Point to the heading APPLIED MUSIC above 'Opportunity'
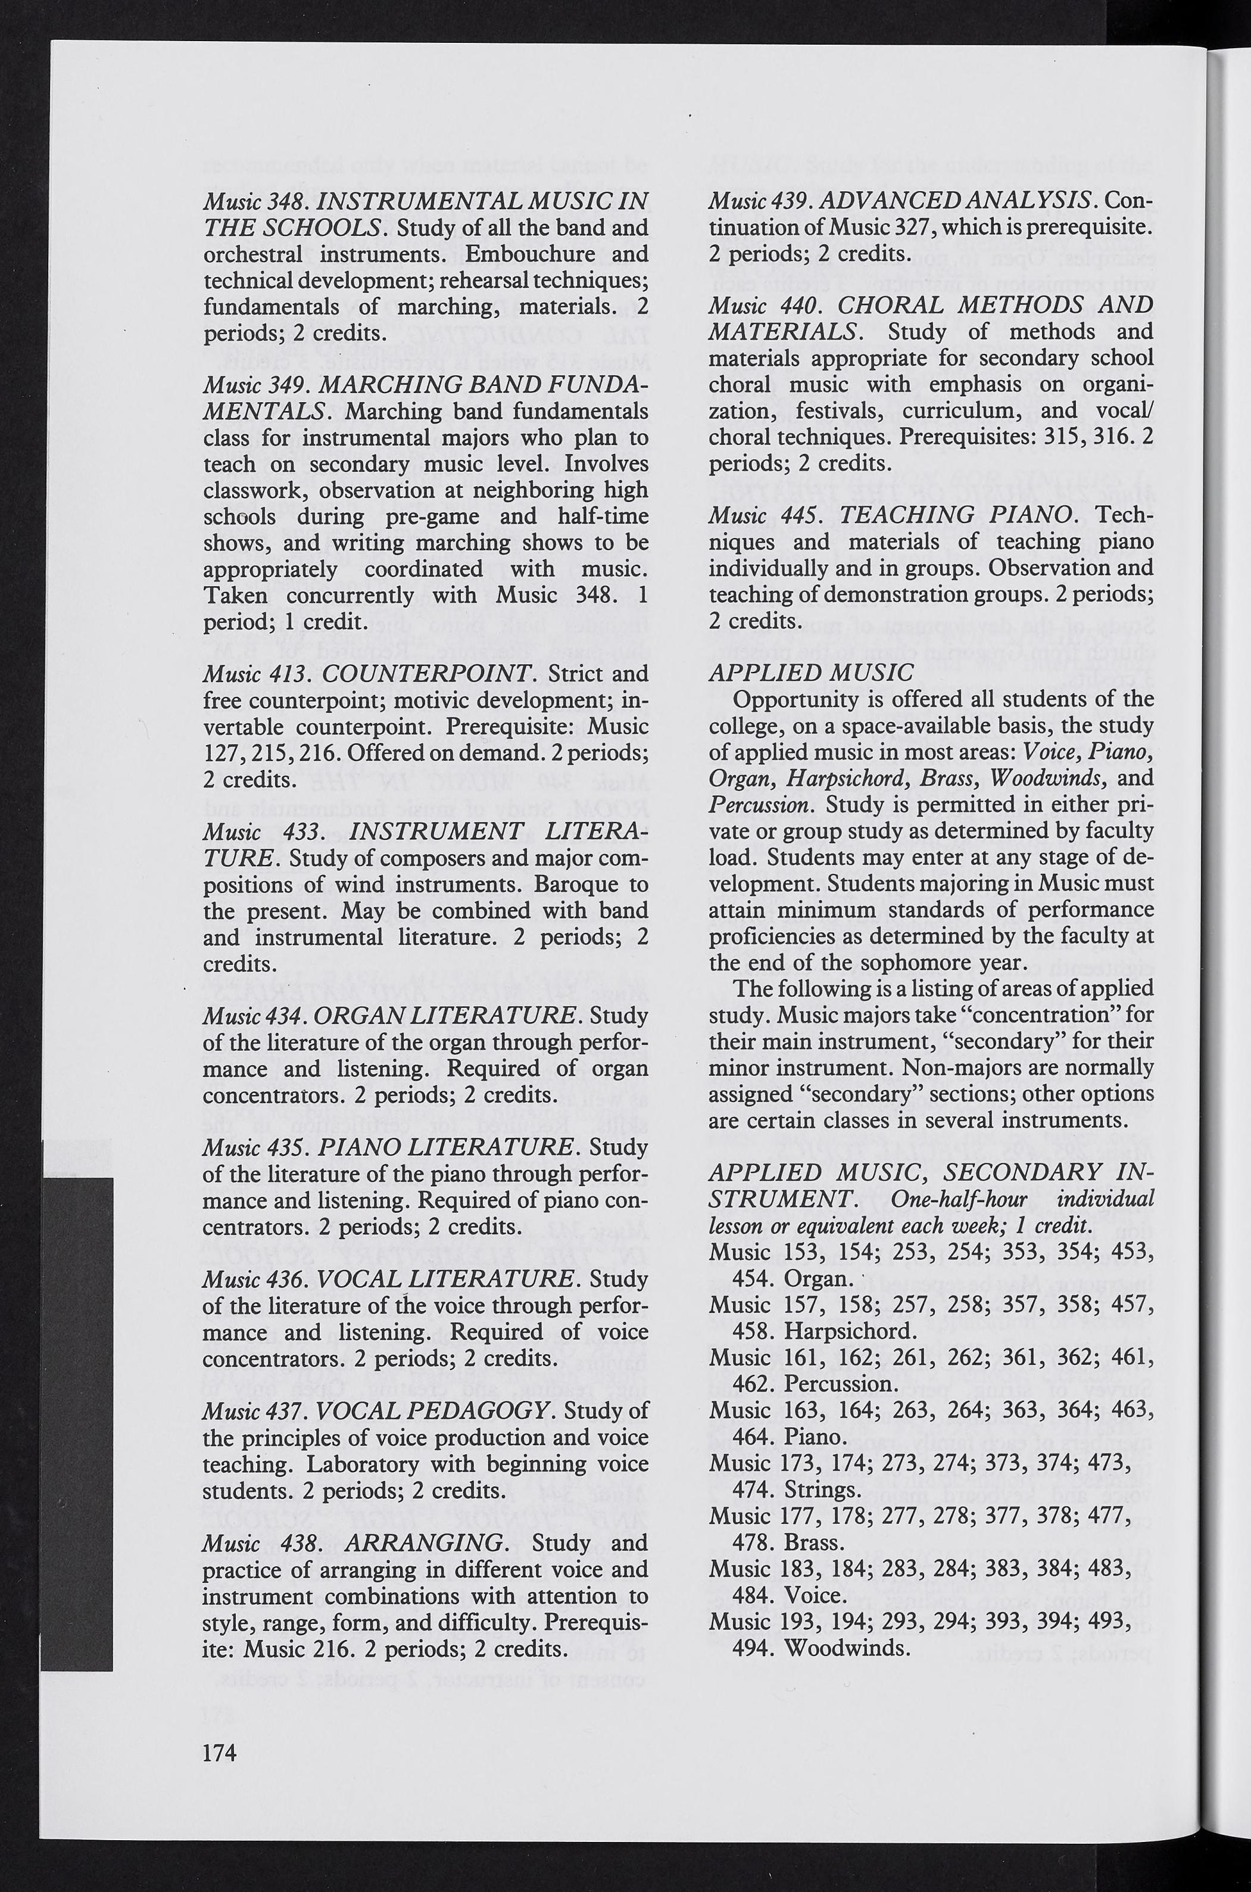(x=810, y=673)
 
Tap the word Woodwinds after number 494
(x=847, y=1647)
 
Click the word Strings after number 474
(x=822, y=1489)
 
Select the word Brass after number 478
(x=815, y=1542)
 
